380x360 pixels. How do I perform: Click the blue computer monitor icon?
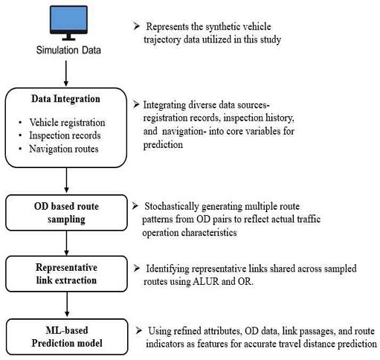point(68,23)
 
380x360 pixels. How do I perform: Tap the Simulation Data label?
point(68,50)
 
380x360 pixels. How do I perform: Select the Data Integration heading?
point(65,99)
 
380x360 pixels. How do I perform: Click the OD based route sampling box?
point(66,213)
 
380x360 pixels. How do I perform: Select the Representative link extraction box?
point(66,274)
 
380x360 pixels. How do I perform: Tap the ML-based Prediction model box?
point(67,337)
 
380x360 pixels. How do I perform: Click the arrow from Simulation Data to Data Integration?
point(66,74)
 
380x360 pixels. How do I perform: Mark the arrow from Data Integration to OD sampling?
point(66,180)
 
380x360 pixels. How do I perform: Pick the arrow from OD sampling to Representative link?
point(66,243)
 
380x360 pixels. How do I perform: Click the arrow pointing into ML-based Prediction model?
point(67,304)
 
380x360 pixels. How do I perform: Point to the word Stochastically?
point(172,207)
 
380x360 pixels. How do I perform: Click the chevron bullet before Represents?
point(137,26)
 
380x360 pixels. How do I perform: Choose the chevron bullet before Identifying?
point(137,268)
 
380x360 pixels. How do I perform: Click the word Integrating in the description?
point(164,106)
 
